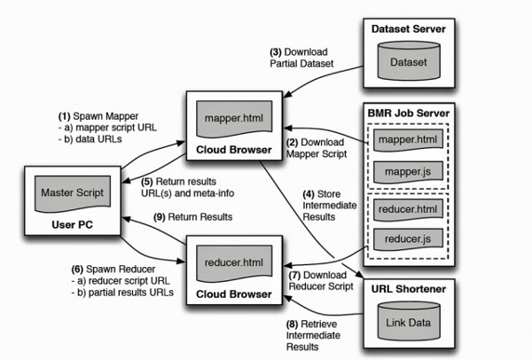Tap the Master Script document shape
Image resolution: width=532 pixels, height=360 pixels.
coord(67,192)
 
